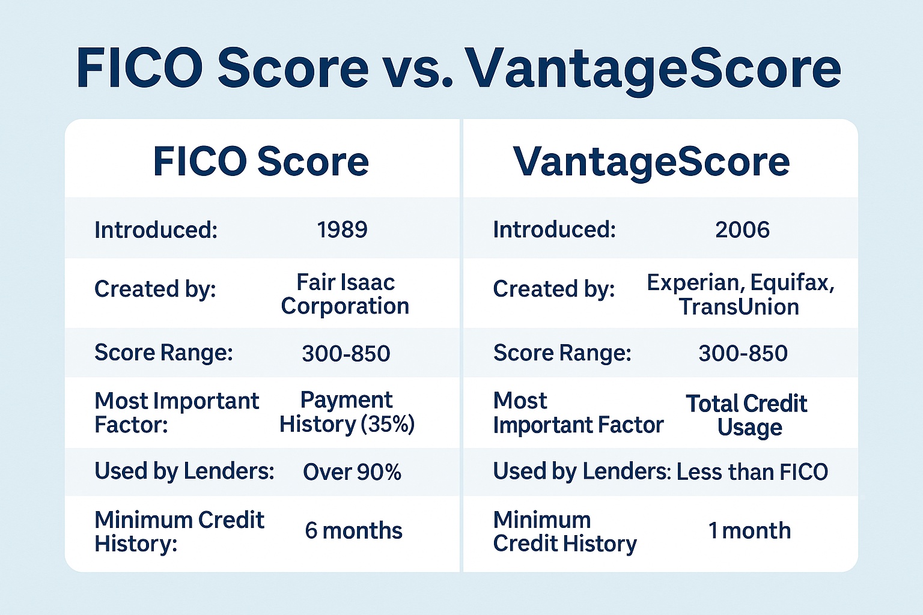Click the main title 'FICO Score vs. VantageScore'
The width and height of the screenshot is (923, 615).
tap(458, 67)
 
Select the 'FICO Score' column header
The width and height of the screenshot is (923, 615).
tap(261, 162)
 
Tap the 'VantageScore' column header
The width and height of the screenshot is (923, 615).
tap(651, 162)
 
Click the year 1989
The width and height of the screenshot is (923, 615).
tap(343, 229)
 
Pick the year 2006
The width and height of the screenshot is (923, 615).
tap(742, 229)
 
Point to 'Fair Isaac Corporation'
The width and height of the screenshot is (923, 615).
tap(346, 294)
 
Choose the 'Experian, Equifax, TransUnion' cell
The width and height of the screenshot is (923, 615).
tap(740, 294)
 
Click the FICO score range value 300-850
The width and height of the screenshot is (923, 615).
tap(346, 353)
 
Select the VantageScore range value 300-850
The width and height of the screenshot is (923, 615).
tap(743, 353)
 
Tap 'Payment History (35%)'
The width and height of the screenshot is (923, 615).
tap(347, 412)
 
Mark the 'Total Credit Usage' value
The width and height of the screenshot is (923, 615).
tap(747, 415)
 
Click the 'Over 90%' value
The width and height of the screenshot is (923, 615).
tap(352, 472)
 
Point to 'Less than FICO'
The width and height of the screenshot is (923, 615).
tap(752, 472)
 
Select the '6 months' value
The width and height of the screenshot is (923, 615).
tap(353, 531)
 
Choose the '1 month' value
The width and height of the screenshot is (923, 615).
tap(749, 531)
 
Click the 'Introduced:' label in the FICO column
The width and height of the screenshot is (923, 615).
tap(156, 229)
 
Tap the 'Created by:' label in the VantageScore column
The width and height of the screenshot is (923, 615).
tap(553, 289)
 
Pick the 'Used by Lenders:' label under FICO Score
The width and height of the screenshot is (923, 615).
tap(184, 471)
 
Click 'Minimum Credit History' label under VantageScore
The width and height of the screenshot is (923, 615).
tap(564, 532)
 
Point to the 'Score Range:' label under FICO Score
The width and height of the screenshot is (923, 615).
tap(163, 353)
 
